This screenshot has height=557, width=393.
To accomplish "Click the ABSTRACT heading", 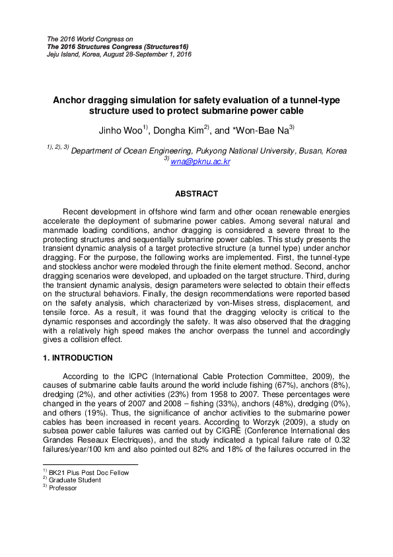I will (196, 194).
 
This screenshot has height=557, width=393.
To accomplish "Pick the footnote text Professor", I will (63, 488).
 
